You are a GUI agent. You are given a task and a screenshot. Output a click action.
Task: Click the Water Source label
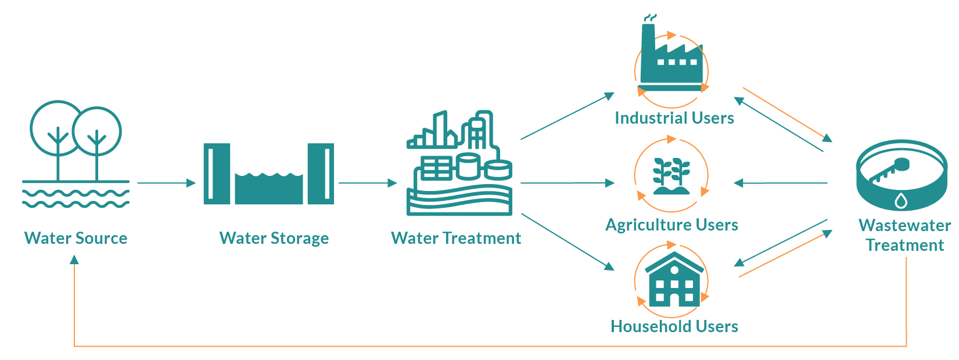coord(76,238)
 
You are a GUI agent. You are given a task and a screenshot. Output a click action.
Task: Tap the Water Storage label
coord(274,239)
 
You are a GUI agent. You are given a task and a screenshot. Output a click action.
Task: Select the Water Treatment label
coord(456,238)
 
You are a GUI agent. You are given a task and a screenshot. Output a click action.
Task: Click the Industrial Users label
coord(674,118)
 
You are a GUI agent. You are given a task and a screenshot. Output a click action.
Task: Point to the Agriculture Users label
coord(671,225)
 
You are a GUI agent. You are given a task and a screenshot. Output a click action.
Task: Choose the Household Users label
coord(674,326)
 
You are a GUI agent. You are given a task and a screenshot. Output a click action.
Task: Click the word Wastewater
coord(904,225)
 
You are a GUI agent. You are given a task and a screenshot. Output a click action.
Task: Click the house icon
coord(674,279)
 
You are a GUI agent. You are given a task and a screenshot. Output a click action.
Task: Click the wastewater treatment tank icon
coord(901,175)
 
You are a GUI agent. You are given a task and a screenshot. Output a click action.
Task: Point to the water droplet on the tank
coord(901,200)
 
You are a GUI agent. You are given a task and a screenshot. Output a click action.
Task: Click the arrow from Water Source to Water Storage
coord(167,183)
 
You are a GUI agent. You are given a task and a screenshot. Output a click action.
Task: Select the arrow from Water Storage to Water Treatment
coord(368,183)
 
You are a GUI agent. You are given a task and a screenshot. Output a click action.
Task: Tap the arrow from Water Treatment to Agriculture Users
coord(568,183)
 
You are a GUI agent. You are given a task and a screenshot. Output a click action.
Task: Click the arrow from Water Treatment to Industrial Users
coord(568,116)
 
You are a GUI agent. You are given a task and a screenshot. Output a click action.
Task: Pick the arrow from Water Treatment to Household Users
coord(568,242)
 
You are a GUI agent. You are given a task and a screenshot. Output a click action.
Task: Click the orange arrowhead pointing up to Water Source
coord(74,260)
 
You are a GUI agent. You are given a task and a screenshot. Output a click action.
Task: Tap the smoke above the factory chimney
coord(651,17)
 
